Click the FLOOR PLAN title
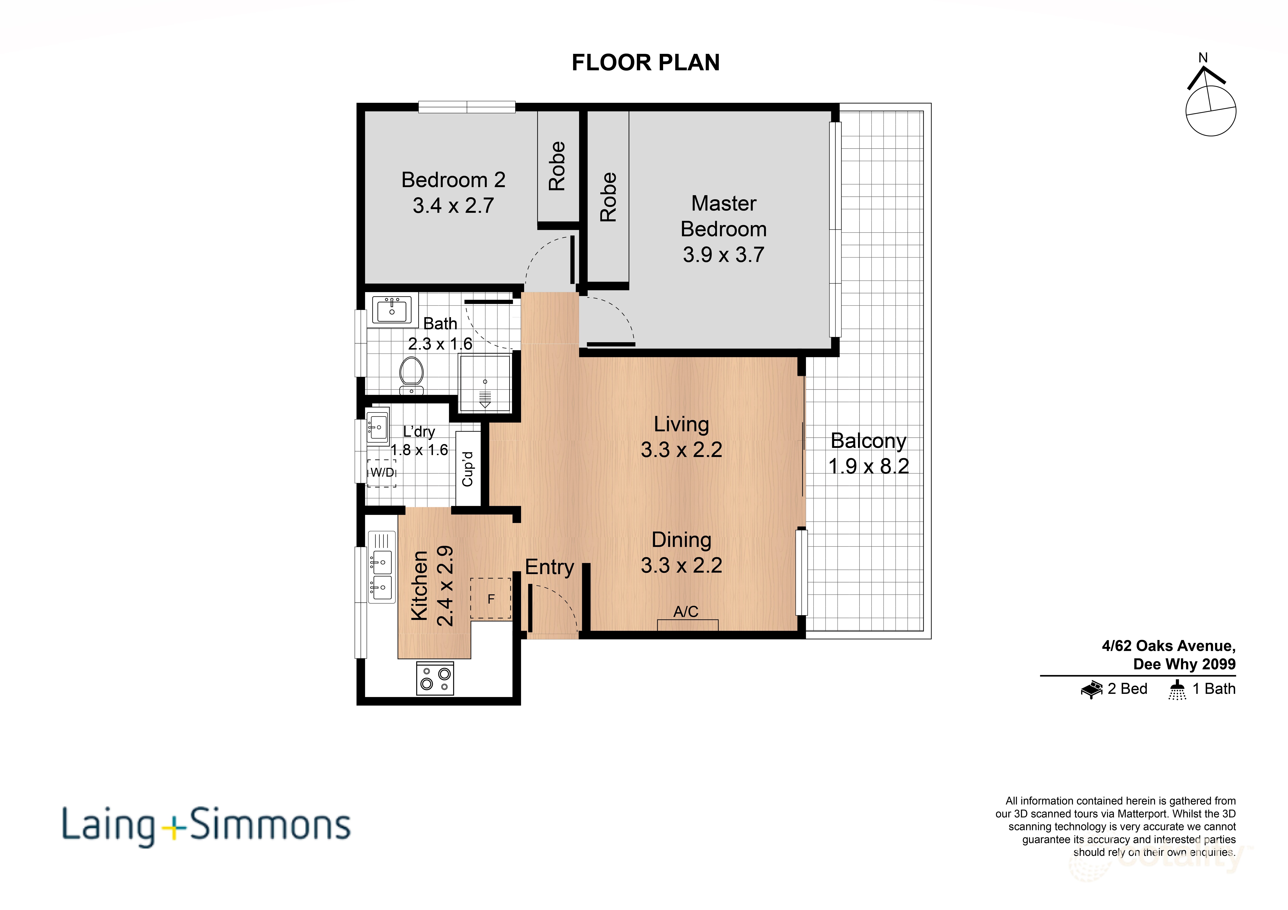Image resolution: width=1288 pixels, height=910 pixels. pos(645,62)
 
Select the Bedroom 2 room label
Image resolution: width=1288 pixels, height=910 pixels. pos(453,180)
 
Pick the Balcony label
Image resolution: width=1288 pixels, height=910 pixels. pos(868,441)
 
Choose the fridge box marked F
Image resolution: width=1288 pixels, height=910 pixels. pos(491,599)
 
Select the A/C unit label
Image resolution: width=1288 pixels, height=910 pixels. pos(686,612)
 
